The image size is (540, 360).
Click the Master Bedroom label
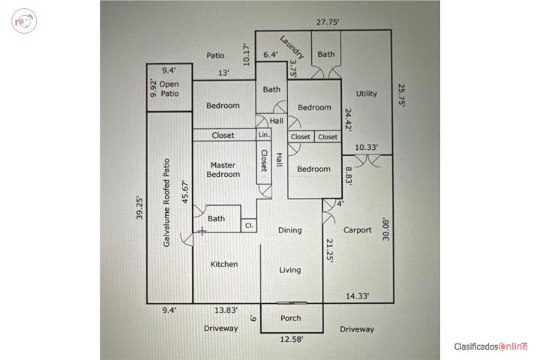coord(223,169)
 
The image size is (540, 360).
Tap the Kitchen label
coord(224,264)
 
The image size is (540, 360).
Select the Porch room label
coord(291,318)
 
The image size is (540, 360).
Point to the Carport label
coord(358,230)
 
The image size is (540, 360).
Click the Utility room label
coord(367,93)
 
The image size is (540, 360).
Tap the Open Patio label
coord(169,89)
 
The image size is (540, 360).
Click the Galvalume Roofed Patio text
coord(166,202)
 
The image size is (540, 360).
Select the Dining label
coord(290,230)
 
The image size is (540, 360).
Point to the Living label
coord(290,270)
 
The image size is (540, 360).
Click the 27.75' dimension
coord(328,22)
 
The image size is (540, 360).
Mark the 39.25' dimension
coord(139,208)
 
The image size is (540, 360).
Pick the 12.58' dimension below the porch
coord(291,339)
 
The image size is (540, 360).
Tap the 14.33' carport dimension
coord(358,296)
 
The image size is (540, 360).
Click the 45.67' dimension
coord(185,192)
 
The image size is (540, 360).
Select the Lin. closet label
coord(264,135)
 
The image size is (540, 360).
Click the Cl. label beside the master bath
coord(249,226)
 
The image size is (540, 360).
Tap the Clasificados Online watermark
coord(490,346)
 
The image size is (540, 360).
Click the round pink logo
coord(24,21)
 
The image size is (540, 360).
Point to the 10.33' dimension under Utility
coord(367,148)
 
